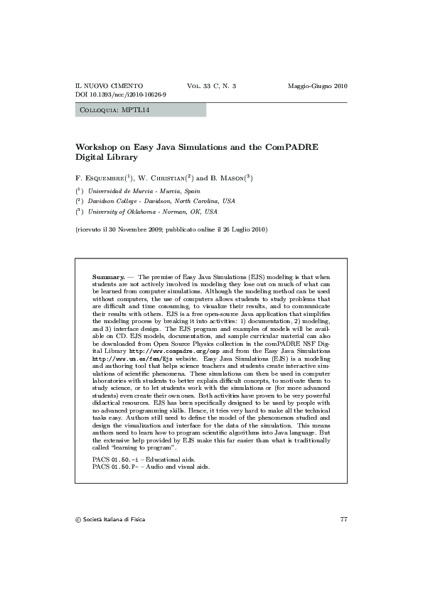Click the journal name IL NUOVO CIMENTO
coord(109,86)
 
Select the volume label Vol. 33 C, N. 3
coord(211,86)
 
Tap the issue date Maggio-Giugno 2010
coord(317,86)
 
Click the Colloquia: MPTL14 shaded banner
coord(140,110)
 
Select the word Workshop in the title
coord(97,147)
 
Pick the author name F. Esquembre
coord(100,178)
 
